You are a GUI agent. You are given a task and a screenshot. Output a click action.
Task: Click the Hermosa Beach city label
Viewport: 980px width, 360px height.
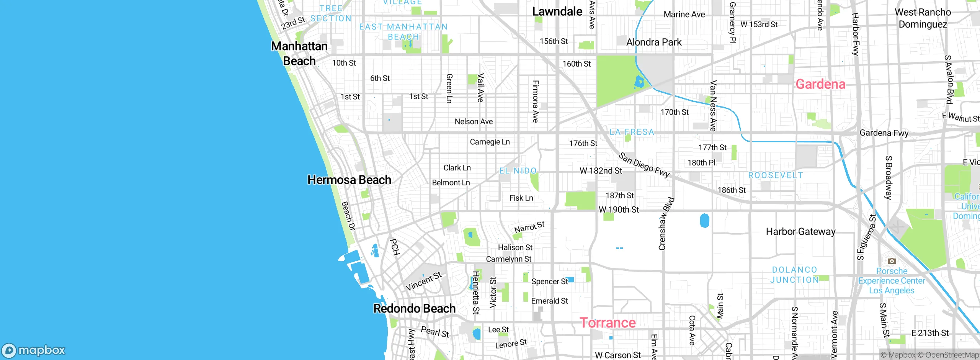coord(349,180)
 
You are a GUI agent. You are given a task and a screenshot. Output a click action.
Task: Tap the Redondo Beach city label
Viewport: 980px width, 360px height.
coord(414,309)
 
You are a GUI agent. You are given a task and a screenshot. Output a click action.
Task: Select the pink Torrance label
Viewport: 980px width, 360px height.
coord(608,323)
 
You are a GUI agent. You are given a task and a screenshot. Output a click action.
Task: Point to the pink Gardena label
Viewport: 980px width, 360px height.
coord(820,84)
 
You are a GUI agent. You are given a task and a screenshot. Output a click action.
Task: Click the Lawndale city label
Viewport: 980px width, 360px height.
coord(557,11)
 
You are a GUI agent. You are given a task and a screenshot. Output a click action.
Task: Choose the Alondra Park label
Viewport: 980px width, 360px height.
coord(654,42)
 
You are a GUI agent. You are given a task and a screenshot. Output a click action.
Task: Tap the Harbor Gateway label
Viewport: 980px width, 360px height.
coord(800,232)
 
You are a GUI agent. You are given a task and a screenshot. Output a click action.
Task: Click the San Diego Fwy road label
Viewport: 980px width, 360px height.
coord(644,165)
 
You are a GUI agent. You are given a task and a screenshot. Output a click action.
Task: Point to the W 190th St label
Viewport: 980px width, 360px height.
coord(619,210)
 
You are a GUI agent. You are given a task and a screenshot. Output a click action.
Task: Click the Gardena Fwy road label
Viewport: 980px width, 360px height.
coord(884,133)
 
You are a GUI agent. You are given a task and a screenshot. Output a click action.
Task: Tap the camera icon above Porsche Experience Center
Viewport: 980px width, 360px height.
coord(892,261)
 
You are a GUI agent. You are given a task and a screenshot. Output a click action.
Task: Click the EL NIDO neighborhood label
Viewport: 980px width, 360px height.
coord(518,171)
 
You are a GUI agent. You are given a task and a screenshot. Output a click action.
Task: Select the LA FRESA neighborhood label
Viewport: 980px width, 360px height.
coord(632,132)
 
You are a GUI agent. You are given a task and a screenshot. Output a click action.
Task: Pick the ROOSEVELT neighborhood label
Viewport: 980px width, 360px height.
coord(776,175)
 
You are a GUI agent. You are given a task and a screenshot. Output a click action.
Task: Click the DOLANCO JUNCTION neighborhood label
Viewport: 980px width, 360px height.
coord(794,275)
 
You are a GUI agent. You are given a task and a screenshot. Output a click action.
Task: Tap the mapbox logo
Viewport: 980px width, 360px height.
coord(34,350)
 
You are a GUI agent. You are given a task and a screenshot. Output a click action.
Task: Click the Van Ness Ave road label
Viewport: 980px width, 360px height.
coord(713,106)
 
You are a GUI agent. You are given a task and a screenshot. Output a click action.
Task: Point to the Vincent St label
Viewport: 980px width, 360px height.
coord(423,281)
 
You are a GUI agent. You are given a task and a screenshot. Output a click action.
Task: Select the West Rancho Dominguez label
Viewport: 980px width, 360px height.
coord(923,18)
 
